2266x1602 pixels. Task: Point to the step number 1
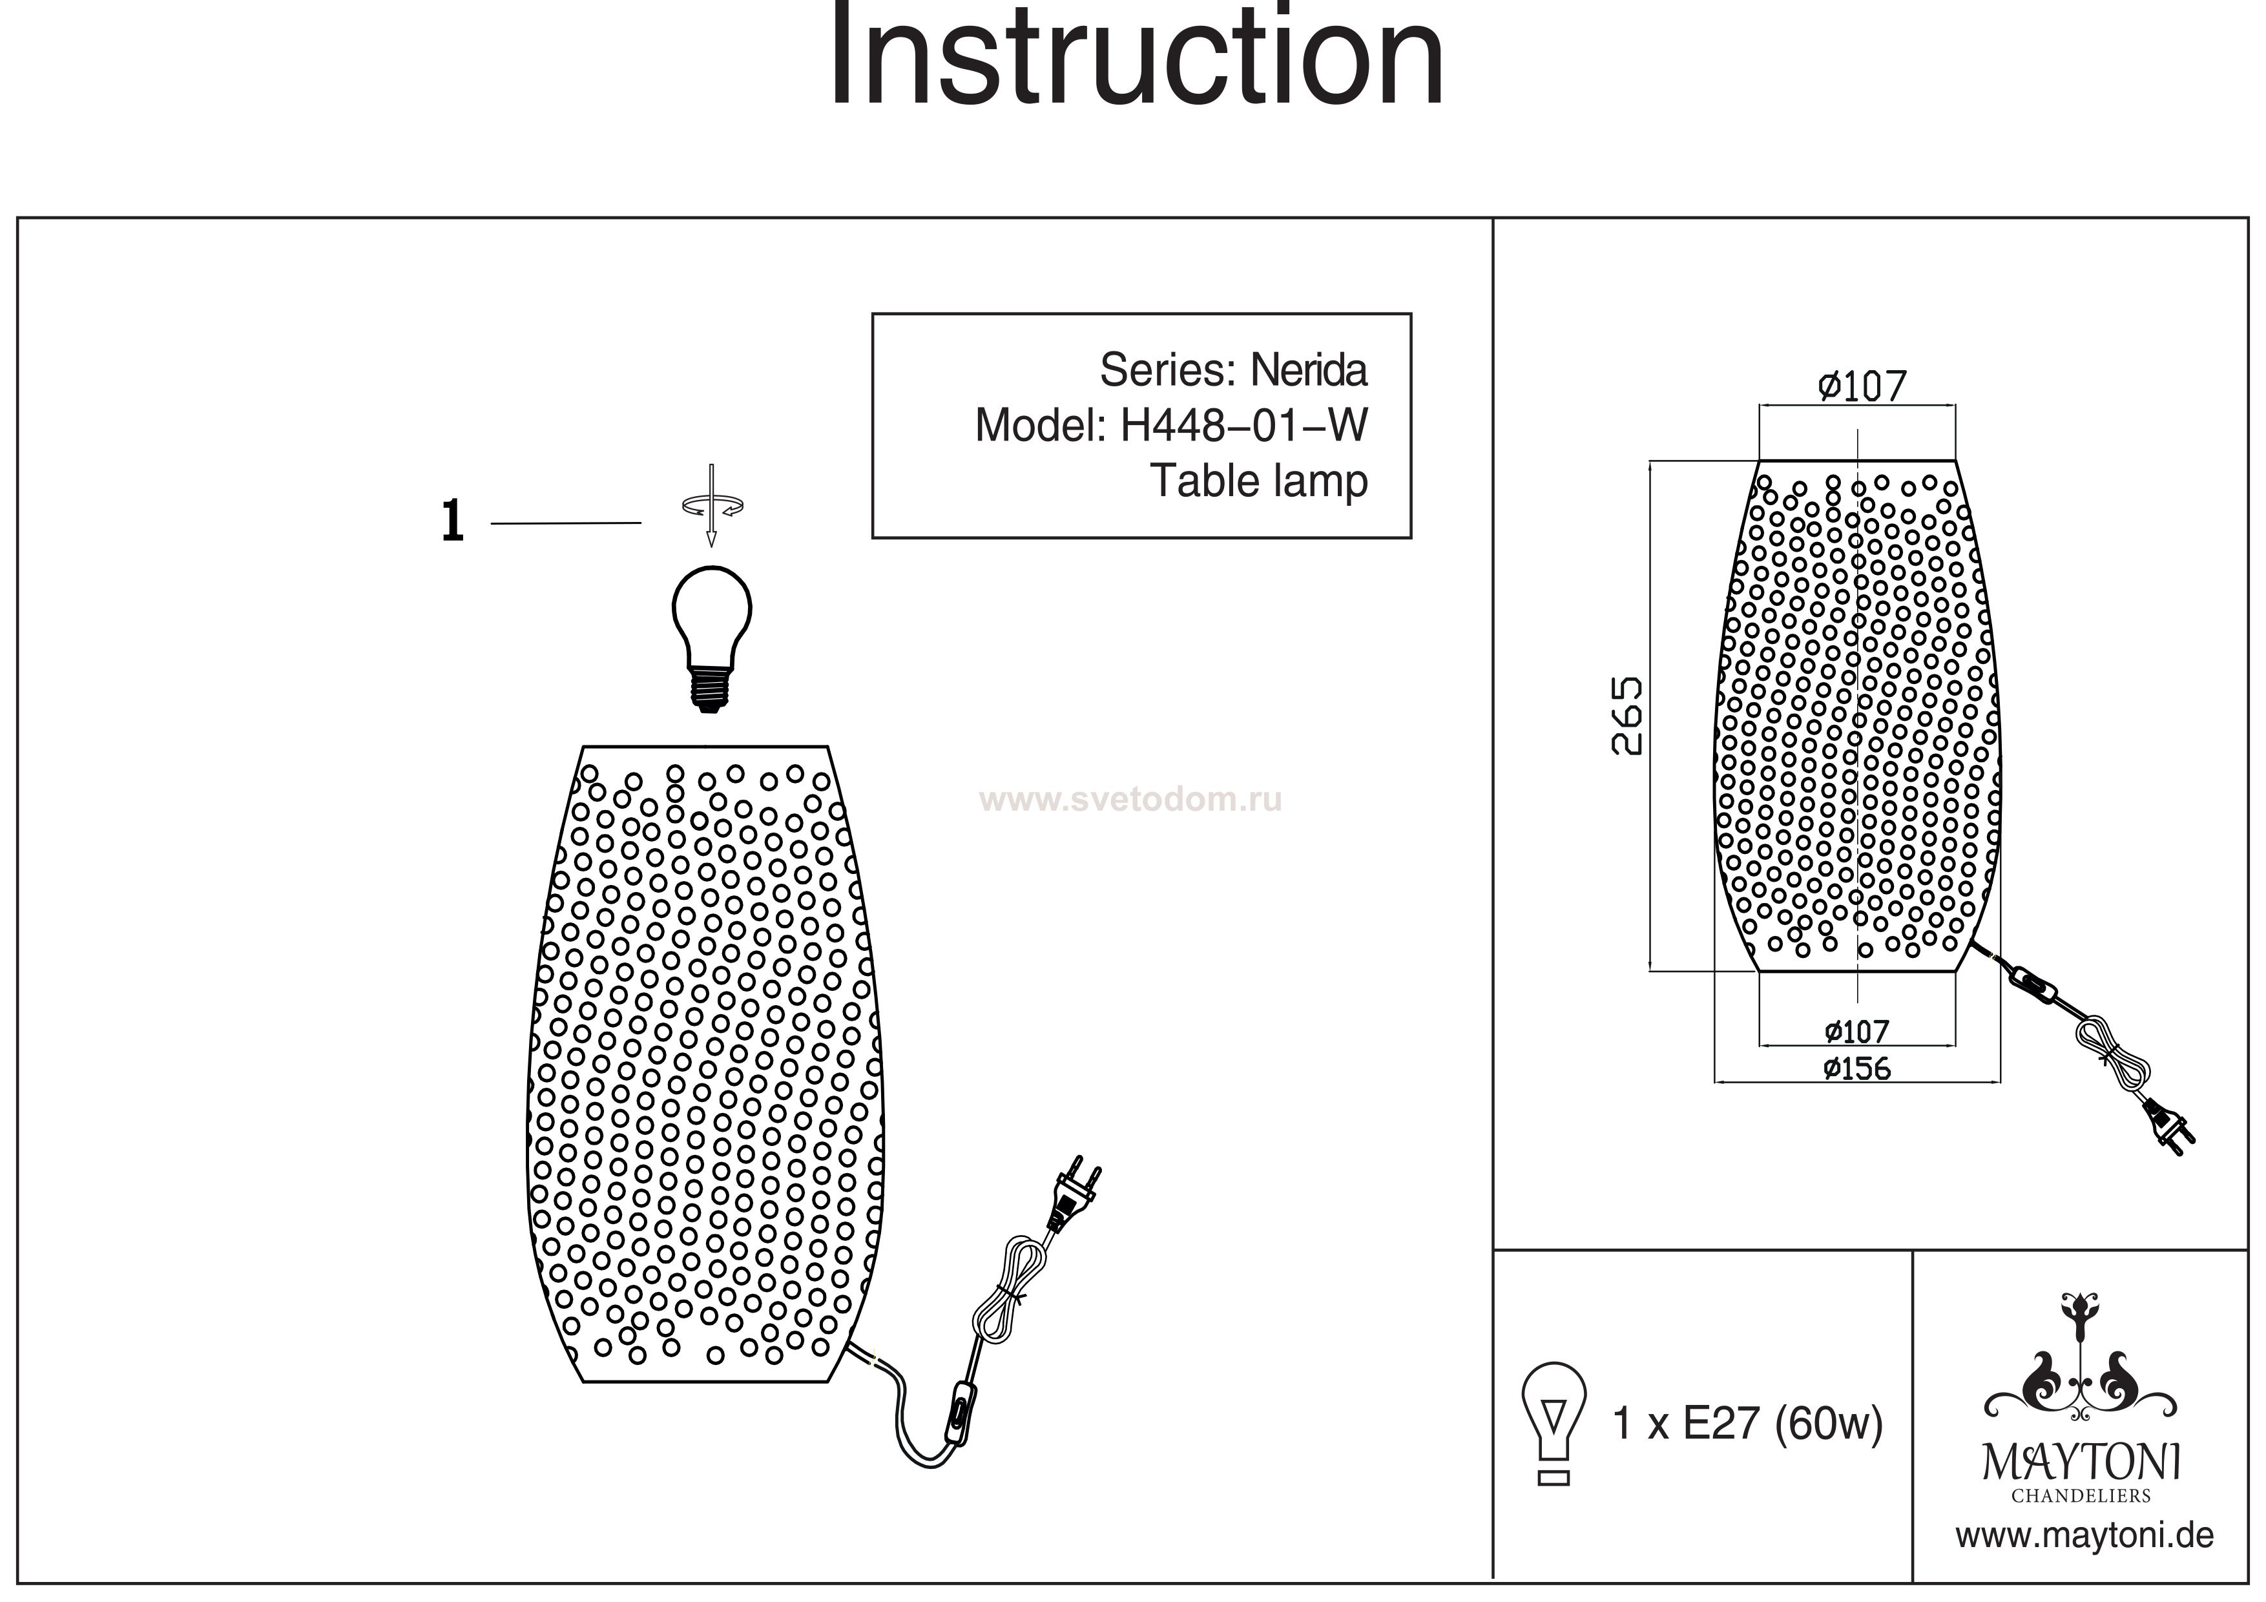pyautogui.click(x=452, y=521)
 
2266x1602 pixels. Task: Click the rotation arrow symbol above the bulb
pyautogui.click(x=711, y=505)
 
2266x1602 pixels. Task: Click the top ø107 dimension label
pyautogui.click(x=1862, y=386)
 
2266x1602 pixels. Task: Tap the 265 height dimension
pyautogui.click(x=1628, y=716)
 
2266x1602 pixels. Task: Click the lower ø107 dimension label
pyautogui.click(x=1856, y=1032)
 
